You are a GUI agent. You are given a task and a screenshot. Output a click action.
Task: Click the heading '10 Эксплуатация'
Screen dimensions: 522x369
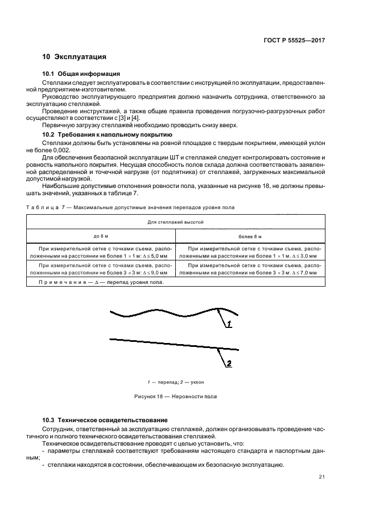pyautogui.click(x=74, y=57)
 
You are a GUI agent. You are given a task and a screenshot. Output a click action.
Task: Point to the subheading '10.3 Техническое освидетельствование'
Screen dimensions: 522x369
pyautogui.click(x=106, y=419)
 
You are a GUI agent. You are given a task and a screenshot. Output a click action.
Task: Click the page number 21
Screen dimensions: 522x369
pyautogui.click(x=322, y=476)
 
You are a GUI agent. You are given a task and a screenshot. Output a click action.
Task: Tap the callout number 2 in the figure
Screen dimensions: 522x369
pyautogui.click(x=228, y=364)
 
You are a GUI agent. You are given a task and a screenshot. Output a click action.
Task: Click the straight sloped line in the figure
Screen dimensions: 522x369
pyautogui.click(x=167, y=342)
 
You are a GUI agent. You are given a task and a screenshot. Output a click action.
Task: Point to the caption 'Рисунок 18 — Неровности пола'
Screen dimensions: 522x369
pyautogui.click(x=175, y=397)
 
